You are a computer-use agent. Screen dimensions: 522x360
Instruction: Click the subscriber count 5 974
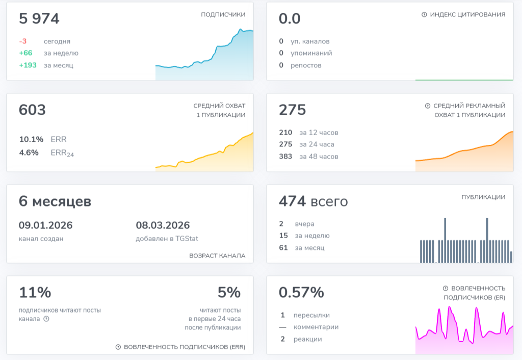(x=39, y=19)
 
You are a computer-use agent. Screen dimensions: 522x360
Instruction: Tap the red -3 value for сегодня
(x=22, y=41)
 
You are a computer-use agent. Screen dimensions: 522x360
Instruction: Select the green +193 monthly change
(x=28, y=65)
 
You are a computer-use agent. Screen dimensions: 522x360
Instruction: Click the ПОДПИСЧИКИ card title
(x=223, y=14)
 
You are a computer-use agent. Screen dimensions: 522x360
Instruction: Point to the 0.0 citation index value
(x=290, y=19)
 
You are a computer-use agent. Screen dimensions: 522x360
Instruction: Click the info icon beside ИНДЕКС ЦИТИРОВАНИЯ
(x=424, y=14)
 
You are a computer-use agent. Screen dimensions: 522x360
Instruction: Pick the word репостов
(x=306, y=65)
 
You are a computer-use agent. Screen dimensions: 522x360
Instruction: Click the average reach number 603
(x=32, y=110)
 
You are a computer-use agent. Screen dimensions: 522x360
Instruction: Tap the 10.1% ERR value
(x=31, y=139)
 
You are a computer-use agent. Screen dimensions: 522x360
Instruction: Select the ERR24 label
(x=62, y=153)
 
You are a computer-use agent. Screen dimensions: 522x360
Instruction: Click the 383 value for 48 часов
(x=285, y=157)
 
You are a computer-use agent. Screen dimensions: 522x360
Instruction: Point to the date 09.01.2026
(x=45, y=225)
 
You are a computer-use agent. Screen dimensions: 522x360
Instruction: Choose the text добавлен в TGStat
(x=167, y=239)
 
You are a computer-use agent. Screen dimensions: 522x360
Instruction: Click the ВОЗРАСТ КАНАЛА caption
(x=217, y=256)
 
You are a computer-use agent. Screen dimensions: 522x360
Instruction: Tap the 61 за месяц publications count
(x=283, y=248)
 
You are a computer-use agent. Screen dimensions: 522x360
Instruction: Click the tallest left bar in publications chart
(x=445, y=241)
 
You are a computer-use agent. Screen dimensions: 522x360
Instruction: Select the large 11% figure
(x=35, y=292)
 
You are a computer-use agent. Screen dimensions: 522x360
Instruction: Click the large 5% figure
(x=229, y=292)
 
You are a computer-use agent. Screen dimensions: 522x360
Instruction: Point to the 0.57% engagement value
(x=301, y=292)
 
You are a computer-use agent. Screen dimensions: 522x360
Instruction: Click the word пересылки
(x=311, y=315)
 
